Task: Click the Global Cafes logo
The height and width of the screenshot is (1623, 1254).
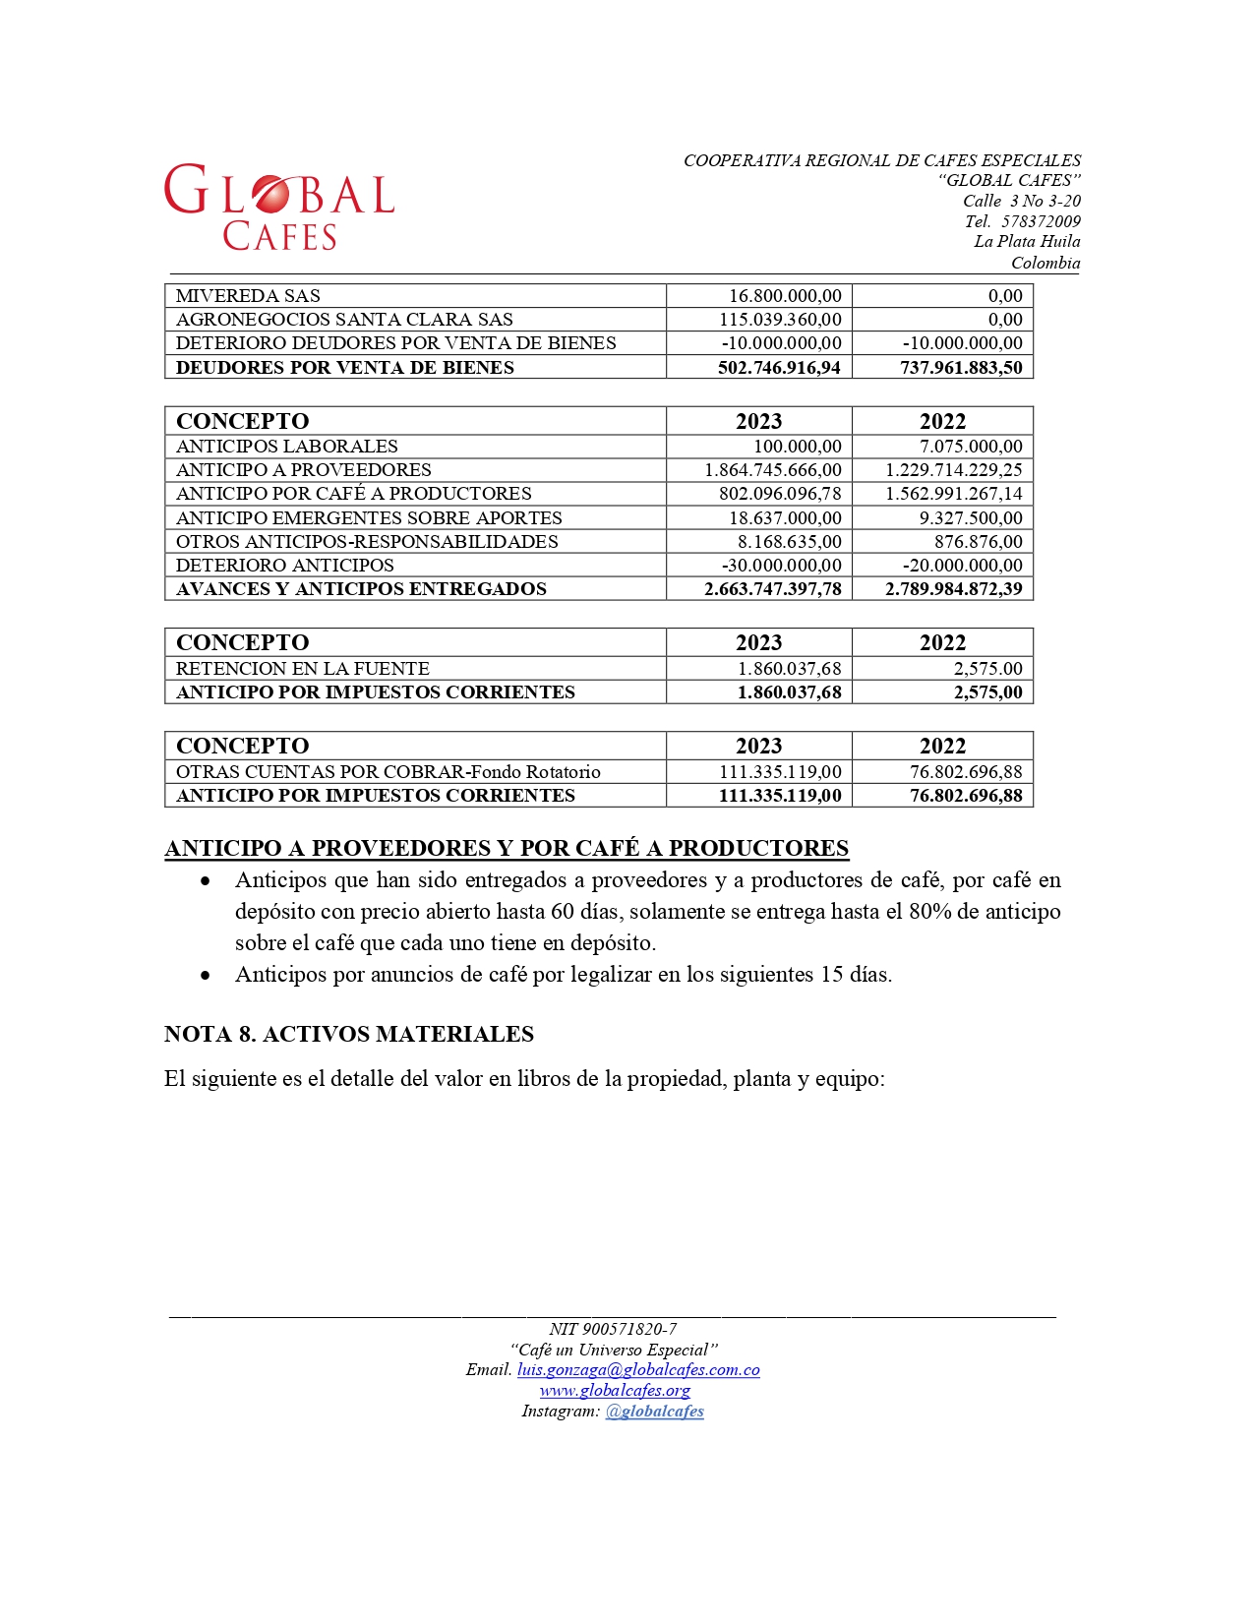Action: (x=279, y=207)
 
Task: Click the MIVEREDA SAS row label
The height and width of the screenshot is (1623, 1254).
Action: (x=248, y=296)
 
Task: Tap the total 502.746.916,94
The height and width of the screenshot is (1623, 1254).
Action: (x=779, y=368)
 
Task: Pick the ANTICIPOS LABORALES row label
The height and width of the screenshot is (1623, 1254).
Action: (x=286, y=447)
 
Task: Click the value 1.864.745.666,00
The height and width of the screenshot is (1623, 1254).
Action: (x=773, y=470)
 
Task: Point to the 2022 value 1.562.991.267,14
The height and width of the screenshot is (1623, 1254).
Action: (x=953, y=494)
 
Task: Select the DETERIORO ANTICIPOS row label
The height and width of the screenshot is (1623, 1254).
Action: (x=284, y=566)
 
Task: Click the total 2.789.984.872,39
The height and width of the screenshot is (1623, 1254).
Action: (x=953, y=589)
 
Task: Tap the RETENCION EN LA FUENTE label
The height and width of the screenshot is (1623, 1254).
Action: (x=302, y=669)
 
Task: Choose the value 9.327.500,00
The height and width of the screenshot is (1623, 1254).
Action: (x=971, y=518)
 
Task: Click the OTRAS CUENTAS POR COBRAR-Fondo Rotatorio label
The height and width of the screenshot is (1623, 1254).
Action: (x=388, y=772)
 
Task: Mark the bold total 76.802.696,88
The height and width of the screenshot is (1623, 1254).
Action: (x=966, y=796)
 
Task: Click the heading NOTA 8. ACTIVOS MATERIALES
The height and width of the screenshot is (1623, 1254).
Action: (x=349, y=1035)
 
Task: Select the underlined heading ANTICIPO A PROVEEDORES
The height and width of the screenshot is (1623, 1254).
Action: (x=507, y=848)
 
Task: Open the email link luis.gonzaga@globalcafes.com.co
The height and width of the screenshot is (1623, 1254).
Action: (x=638, y=1370)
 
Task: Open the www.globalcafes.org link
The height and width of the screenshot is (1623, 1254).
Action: (x=615, y=1391)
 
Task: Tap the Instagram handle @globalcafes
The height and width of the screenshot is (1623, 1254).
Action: (x=654, y=1412)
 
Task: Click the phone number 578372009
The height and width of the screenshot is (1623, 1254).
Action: (x=1041, y=221)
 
